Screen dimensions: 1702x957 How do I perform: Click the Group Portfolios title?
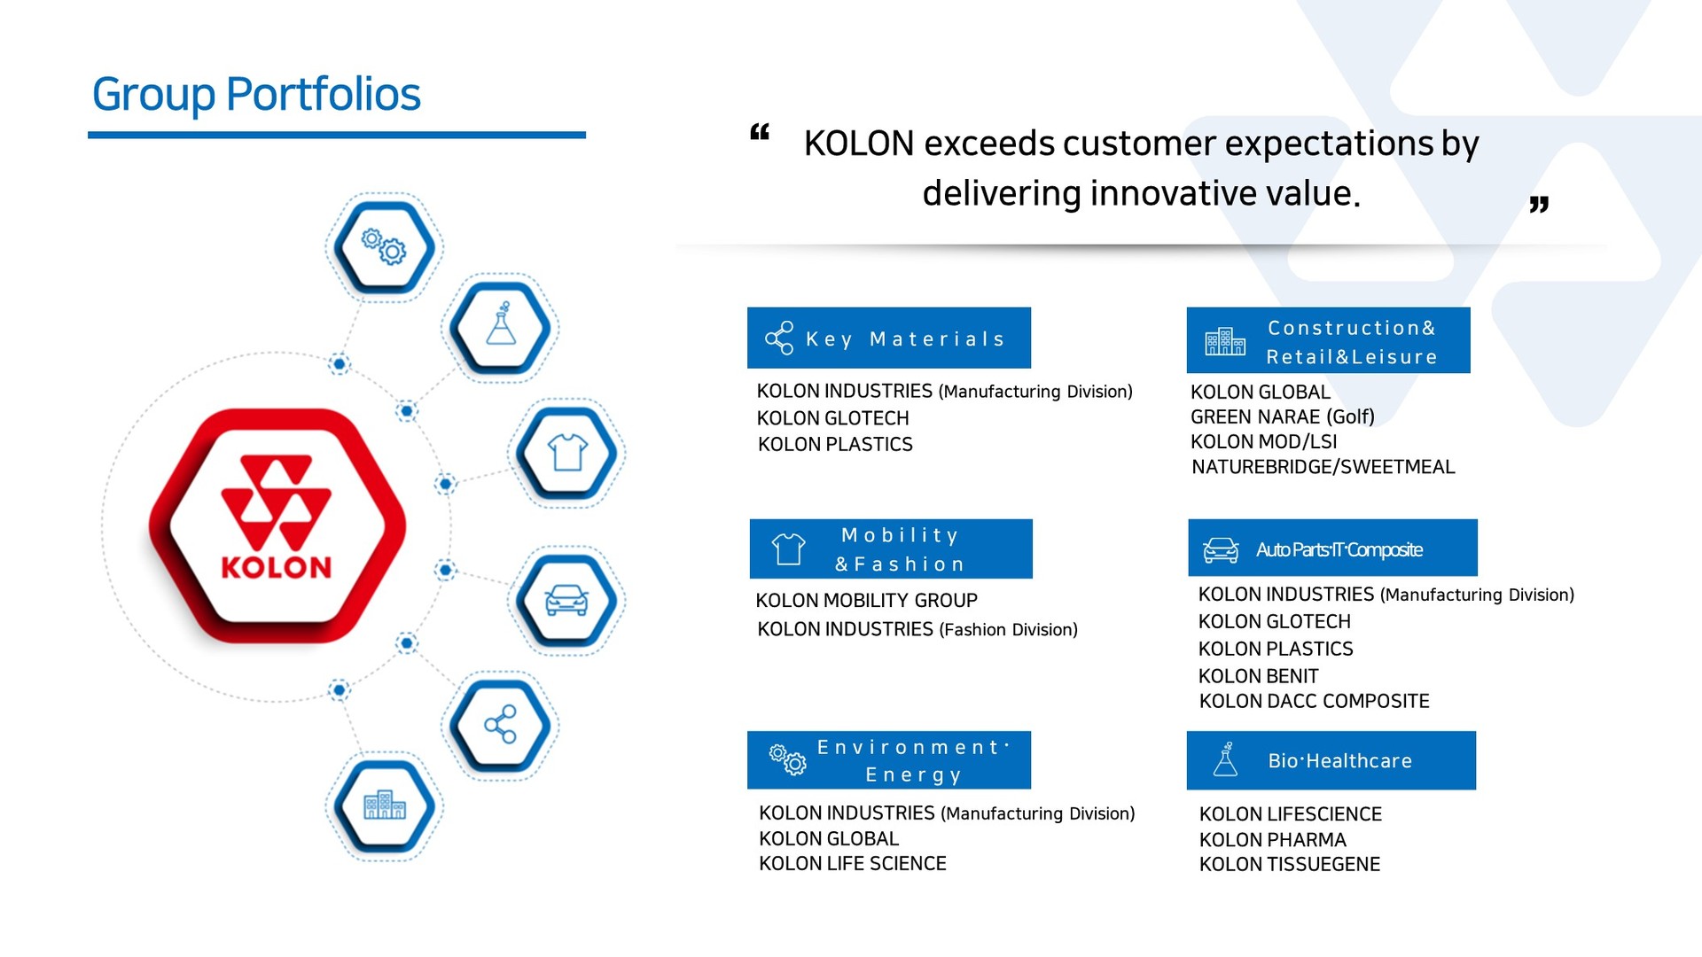tap(256, 94)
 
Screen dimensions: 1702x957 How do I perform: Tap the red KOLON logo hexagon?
tap(277, 525)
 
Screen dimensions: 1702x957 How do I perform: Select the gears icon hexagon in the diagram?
tap(384, 247)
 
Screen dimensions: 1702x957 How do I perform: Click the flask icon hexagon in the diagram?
tap(500, 327)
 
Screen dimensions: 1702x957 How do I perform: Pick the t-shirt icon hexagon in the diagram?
tap(567, 453)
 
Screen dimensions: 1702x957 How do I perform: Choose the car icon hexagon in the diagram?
tap(567, 601)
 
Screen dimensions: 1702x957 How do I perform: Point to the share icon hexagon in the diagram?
tap(500, 725)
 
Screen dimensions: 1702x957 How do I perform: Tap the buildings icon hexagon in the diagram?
tap(384, 806)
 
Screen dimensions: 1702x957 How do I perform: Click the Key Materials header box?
tap(889, 338)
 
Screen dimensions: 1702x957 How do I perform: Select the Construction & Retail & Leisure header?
tap(1328, 340)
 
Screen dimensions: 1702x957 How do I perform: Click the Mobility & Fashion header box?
tap(891, 549)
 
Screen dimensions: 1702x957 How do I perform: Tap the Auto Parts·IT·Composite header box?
tap(1332, 548)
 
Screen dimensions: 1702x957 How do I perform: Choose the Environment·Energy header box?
tap(889, 759)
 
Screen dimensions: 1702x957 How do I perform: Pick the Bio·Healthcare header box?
tap(1331, 760)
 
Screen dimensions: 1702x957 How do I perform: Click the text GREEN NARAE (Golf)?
tap(1282, 416)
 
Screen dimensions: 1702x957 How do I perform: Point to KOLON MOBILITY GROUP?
tap(866, 601)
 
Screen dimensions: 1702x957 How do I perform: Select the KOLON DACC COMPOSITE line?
tap(1314, 701)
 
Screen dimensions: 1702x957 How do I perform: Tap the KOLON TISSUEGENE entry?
tap(1289, 864)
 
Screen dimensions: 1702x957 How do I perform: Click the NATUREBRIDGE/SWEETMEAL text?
tap(1323, 467)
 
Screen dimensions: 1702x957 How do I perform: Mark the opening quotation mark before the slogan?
tap(760, 133)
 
